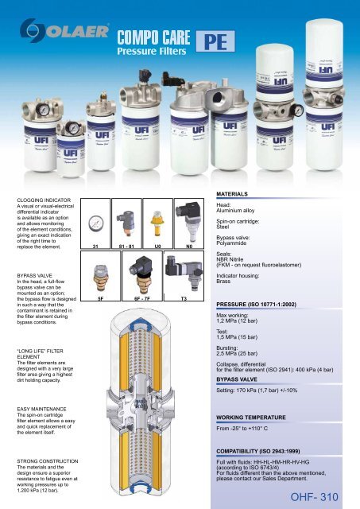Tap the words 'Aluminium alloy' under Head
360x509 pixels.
238,212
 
